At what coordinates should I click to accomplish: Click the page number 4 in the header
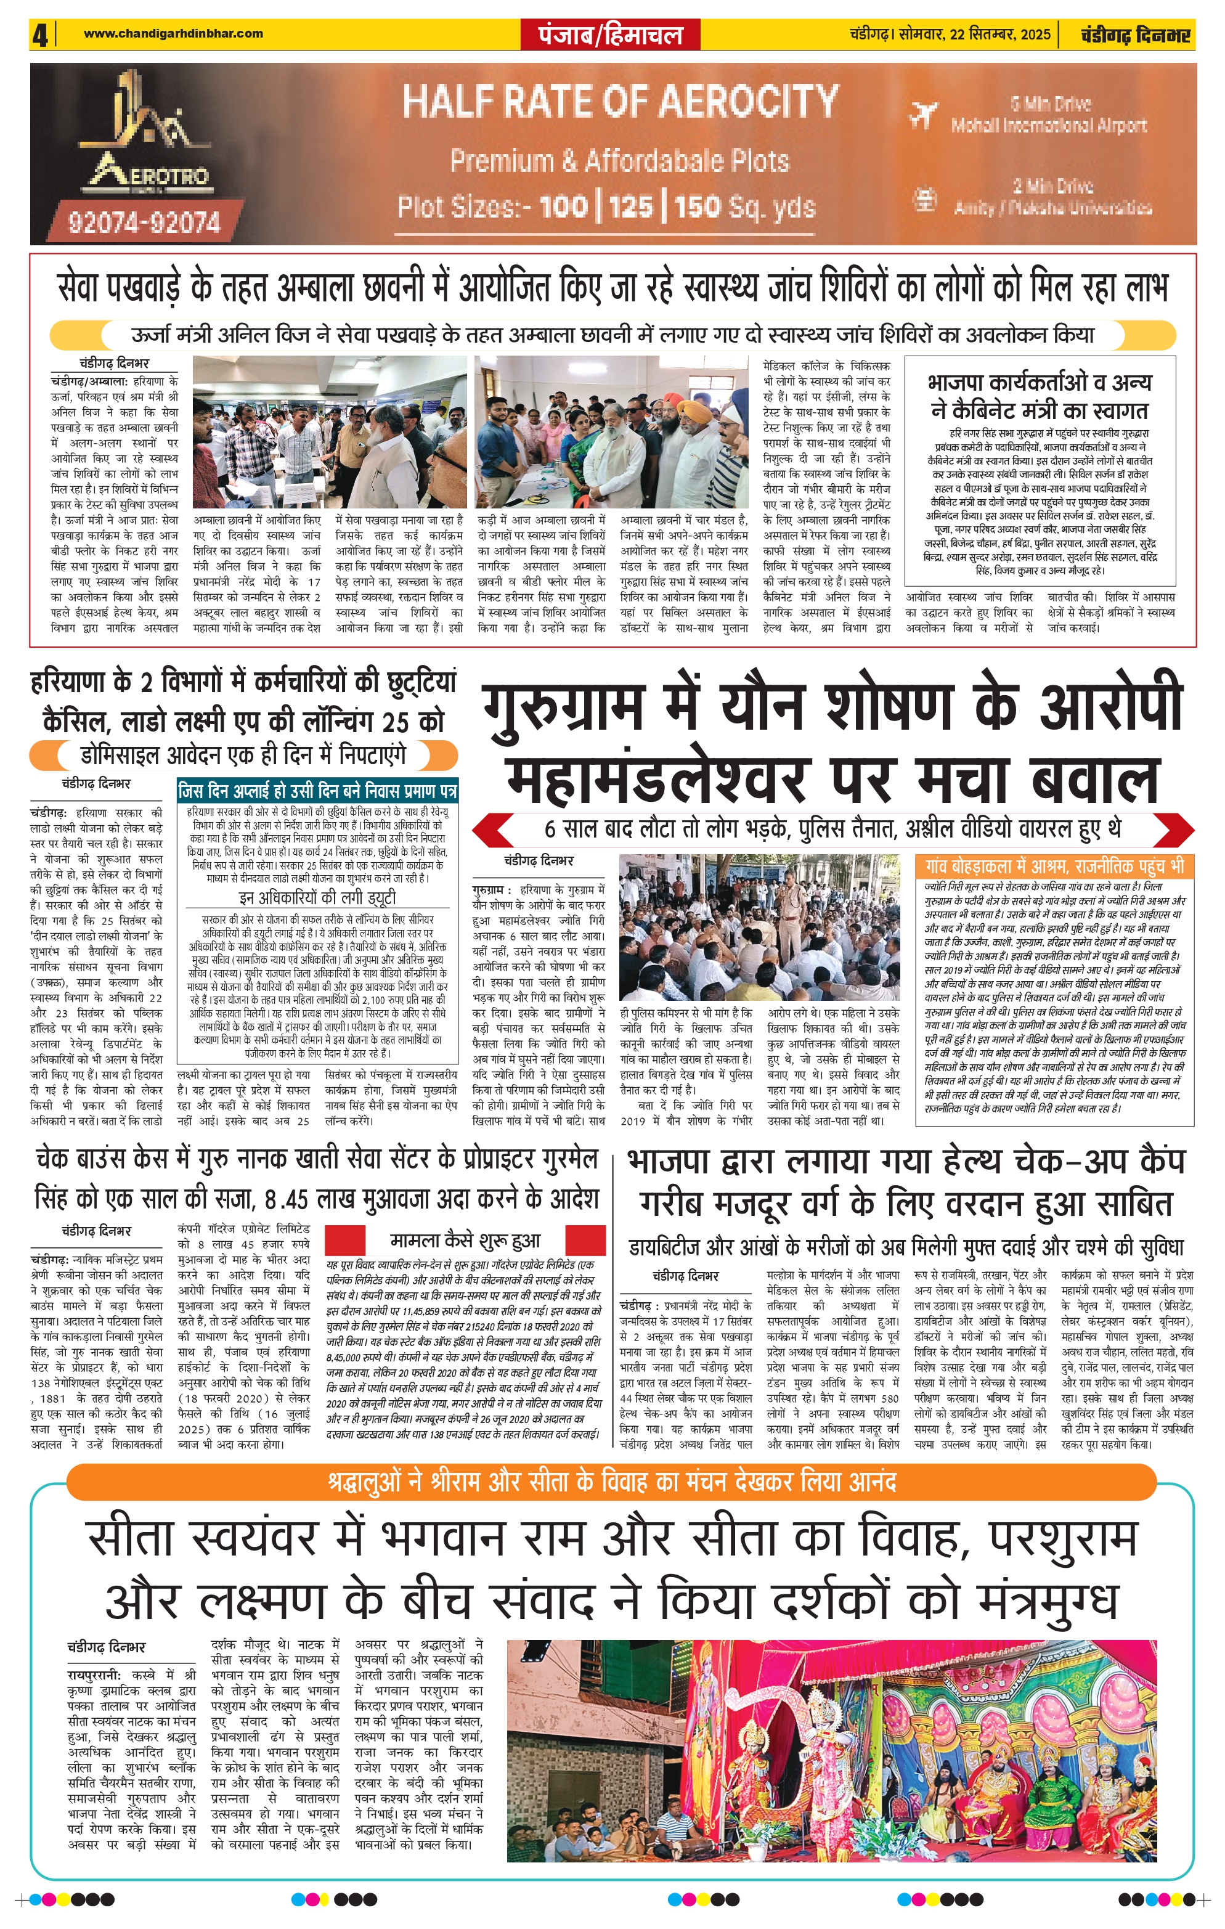pyautogui.click(x=40, y=35)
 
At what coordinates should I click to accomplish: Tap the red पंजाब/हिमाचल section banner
pyautogui.click(x=612, y=35)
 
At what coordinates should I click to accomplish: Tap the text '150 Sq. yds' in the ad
pyautogui.click(x=744, y=208)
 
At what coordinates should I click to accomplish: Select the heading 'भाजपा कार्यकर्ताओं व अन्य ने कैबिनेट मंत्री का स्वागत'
pyautogui.click(x=1040, y=396)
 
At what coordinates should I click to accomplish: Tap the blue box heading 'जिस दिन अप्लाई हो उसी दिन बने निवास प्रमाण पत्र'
pyautogui.click(x=318, y=791)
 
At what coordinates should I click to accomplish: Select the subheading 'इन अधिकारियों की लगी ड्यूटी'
pyautogui.click(x=318, y=897)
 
